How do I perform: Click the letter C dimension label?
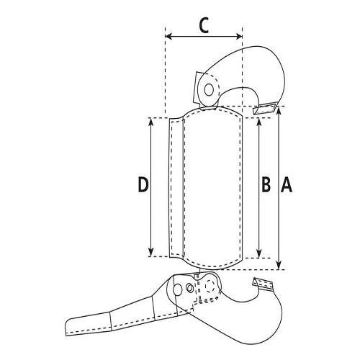(204, 25)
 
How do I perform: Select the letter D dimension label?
(143, 184)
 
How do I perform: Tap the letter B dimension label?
(266, 184)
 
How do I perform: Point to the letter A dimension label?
(287, 184)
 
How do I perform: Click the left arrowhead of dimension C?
(168, 37)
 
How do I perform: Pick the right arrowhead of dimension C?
(239, 37)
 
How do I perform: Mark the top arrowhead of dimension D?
(150, 121)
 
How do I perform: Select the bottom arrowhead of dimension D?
(150, 253)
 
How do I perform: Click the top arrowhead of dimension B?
(258, 122)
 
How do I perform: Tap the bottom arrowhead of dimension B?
(258, 254)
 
